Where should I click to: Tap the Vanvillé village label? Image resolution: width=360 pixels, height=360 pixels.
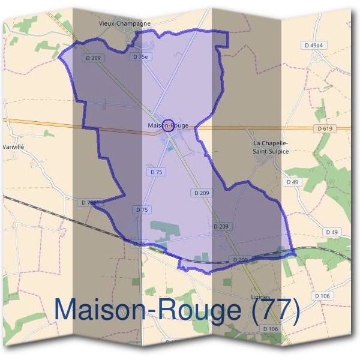point(13,146)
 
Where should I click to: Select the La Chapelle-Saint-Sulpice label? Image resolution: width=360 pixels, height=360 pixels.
point(271,147)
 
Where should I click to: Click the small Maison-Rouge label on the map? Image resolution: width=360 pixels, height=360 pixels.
point(167,125)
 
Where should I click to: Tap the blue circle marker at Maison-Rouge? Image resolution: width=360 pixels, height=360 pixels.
point(169,124)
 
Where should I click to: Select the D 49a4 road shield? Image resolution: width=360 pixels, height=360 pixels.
point(313,45)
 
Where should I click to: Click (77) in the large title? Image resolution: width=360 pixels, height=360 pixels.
point(272,310)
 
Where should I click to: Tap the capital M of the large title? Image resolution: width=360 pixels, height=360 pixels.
point(68,310)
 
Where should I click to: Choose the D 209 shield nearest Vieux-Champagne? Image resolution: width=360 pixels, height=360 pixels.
point(93,58)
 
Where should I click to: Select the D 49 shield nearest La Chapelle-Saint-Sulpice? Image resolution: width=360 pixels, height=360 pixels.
point(292,181)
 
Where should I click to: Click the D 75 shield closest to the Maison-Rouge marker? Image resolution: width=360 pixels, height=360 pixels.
point(156,172)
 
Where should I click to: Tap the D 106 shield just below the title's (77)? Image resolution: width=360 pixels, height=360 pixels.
point(322,296)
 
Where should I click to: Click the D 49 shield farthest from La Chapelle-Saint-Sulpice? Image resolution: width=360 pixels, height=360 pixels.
point(331,232)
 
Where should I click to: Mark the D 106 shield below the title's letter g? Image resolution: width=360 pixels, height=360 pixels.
point(271,329)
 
